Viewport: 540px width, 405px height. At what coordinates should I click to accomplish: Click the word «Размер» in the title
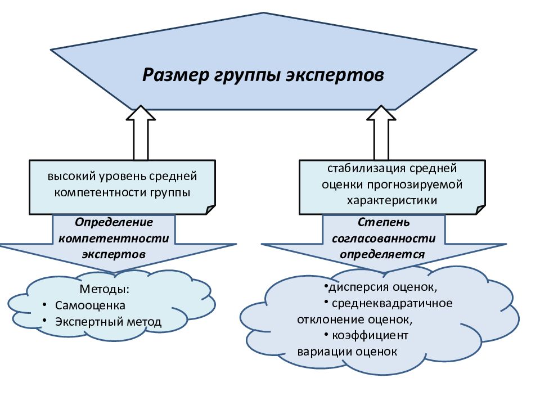tap(175, 75)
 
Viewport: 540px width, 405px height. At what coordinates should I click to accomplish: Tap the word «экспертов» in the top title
tap(335, 75)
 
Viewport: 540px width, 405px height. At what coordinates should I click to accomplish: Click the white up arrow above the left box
tap(141, 133)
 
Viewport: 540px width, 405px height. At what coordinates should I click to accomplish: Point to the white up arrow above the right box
tap(381, 133)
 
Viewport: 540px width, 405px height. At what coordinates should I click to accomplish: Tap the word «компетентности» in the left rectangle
tap(100, 192)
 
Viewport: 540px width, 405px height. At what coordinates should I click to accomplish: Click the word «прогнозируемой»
tap(415, 185)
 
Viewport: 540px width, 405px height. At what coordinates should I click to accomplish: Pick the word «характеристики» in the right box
tap(392, 200)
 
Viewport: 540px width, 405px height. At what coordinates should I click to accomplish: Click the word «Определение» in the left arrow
tap(114, 222)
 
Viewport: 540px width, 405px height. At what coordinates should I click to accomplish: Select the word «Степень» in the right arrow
tap(384, 222)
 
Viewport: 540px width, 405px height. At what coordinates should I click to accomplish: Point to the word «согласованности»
tap(384, 238)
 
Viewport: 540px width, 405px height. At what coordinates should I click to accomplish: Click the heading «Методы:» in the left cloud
tap(105, 289)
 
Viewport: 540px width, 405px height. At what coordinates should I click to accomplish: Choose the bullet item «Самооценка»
tap(90, 305)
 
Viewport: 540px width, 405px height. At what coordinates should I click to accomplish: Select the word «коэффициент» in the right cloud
tap(370, 335)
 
